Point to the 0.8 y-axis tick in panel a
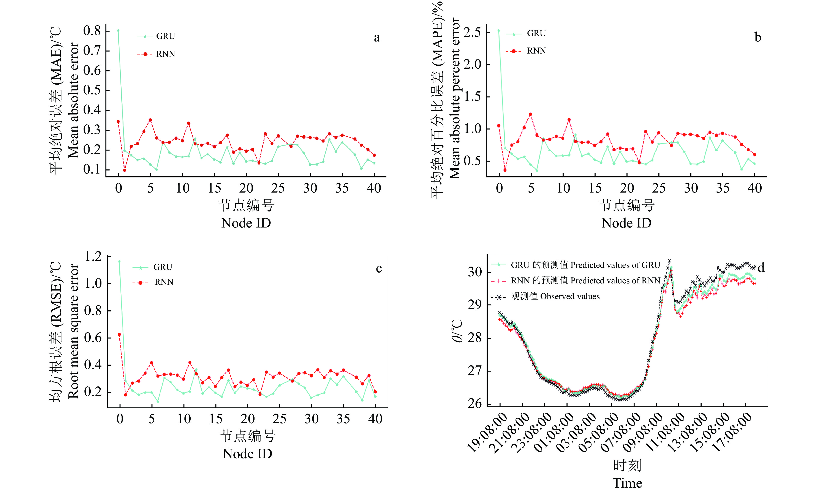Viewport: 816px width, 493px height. click(x=92, y=31)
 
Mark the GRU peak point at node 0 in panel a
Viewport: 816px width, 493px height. click(x=118, y=30)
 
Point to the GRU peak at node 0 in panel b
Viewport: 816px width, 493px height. click(x=499, y=30)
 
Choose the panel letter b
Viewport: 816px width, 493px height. click(x=758, y=37)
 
